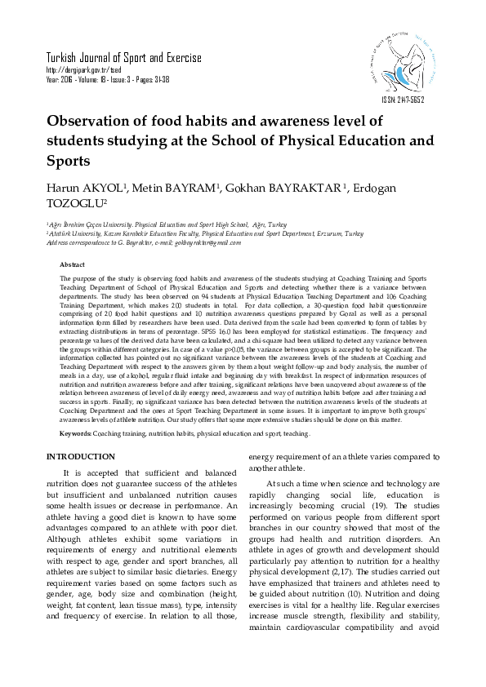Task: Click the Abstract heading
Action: point(72,265)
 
